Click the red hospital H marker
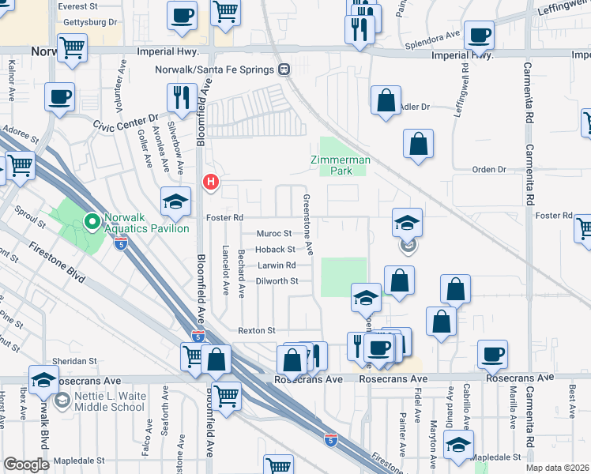coord(211,182)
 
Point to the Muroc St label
coord(274,234)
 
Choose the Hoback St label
coord(275,250)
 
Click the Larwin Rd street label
coord(276,265)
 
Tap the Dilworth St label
coord(277,281)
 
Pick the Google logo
coord(26,465)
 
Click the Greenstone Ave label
coord(311,225)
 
